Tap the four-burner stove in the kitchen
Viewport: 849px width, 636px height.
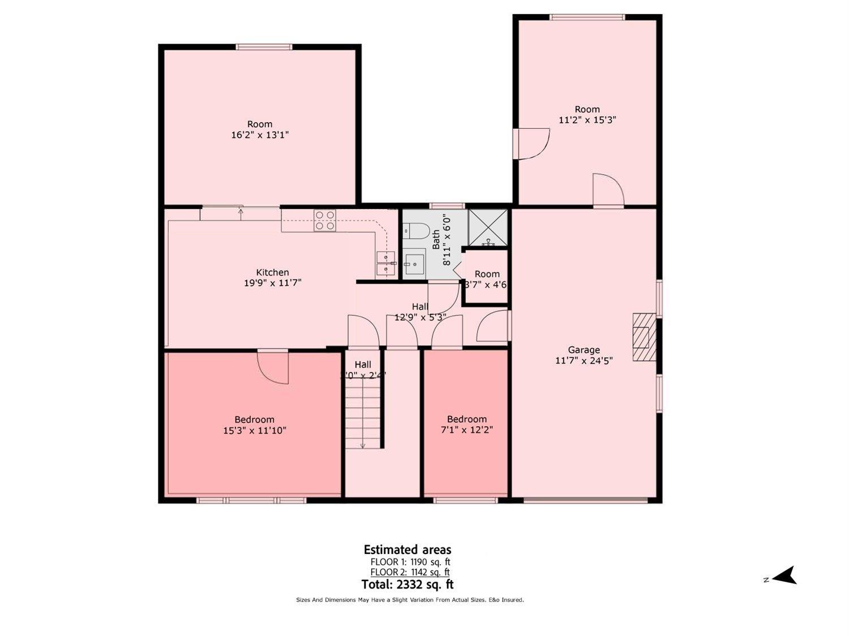click(x=325, y=220)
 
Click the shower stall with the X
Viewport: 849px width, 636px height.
click(x=488, y=228)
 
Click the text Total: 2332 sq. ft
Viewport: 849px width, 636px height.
click(x=407, y=585)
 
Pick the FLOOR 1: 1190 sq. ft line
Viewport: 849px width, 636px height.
click(x=410, y=562)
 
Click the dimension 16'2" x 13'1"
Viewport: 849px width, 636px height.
click(x=260, y=135)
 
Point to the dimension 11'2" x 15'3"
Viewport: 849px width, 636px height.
click(x=587, y=120)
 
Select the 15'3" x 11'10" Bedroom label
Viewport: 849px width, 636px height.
click(x=255, y=425)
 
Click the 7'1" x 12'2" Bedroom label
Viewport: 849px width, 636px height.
click(x=466, y=425)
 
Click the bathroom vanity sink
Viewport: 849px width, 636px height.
click(x=414, y=263)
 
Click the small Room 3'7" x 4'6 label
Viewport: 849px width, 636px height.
click(x=486, y=279)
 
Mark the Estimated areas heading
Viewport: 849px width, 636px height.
click(x=407, y=550)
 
